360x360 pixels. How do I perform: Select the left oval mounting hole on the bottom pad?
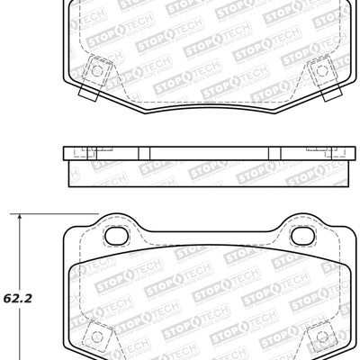[x=117, y=236]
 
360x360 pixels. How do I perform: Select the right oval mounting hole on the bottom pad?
[x=308, y=236]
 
